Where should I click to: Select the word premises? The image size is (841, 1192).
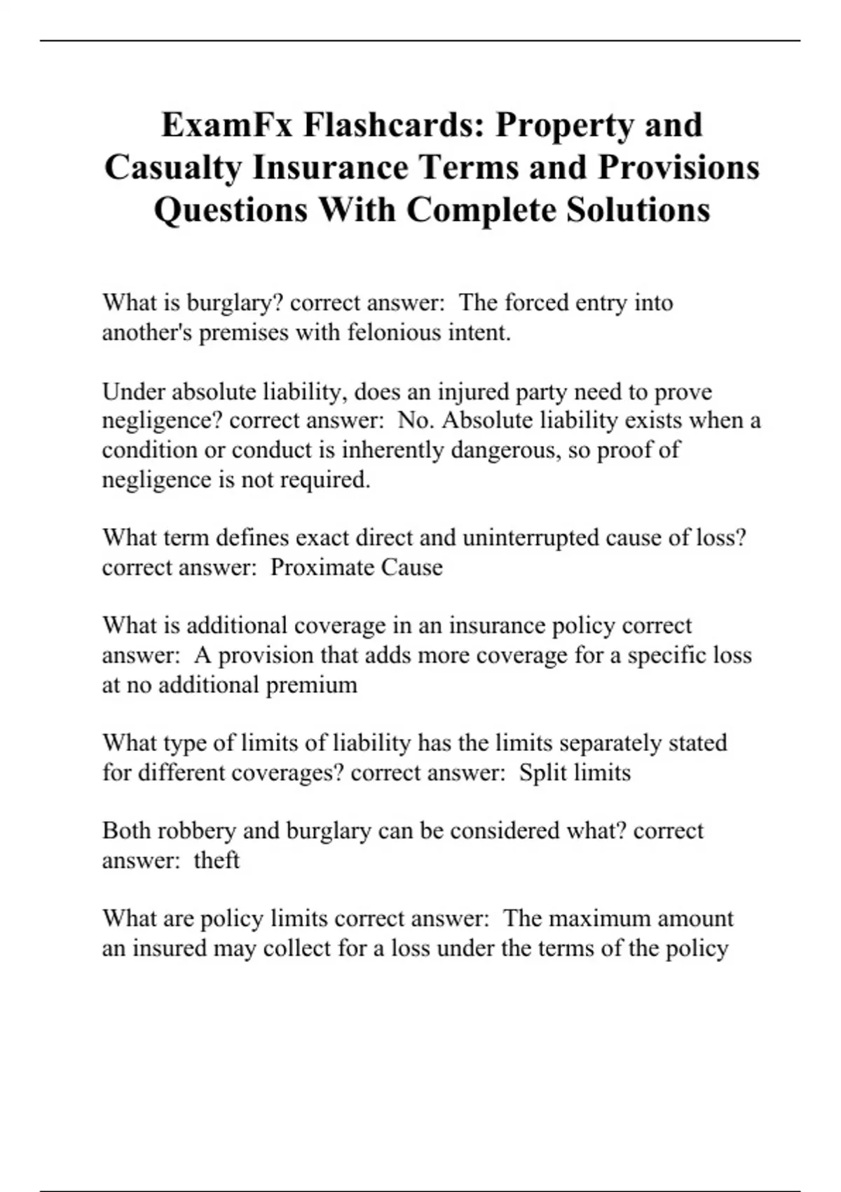pos(244,332)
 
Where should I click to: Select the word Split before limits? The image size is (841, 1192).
pos(543,772)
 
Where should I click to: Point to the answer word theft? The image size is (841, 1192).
pos(217,860)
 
